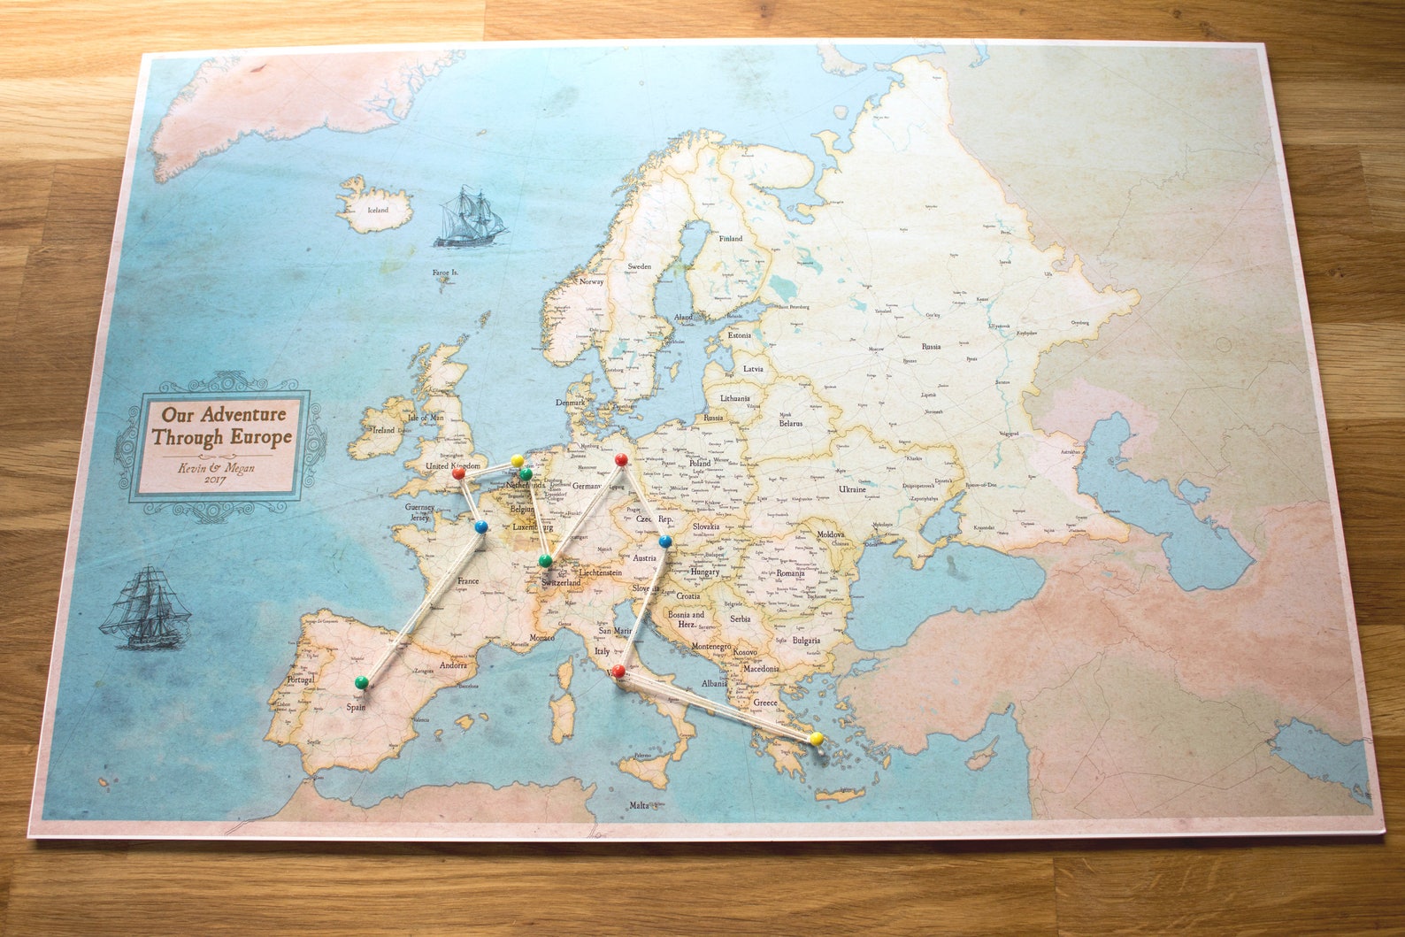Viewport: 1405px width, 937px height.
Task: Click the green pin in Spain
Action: point(361,682)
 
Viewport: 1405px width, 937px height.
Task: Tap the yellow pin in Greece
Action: point(816,738)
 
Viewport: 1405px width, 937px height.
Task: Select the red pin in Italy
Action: point(618,672)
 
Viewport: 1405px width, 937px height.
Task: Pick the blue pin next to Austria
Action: point(665,541)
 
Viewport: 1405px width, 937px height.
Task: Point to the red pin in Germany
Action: point(621,460)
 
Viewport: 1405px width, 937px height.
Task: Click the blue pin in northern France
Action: point(481,526)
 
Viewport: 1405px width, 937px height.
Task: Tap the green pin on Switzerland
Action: point(546,561)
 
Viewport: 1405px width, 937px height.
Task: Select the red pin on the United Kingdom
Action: point(458,473)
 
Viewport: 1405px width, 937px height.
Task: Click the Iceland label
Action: point(378,211)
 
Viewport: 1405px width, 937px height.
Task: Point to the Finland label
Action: point(730,239)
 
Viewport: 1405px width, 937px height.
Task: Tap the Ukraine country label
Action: point(853,489)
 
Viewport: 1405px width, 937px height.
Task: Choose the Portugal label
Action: point(300,680)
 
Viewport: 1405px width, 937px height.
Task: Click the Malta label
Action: point(638,805)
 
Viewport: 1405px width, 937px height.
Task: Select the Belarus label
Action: point(790,424)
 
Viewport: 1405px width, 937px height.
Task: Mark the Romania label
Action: point(790,573)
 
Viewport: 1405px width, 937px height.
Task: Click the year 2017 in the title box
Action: point(215,480)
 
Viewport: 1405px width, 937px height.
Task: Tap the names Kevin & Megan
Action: point(216,467)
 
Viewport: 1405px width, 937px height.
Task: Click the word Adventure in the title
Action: point(243,414)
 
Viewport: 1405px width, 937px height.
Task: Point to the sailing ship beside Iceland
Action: point(469,218)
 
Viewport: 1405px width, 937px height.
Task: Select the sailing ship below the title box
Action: point(146,610)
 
